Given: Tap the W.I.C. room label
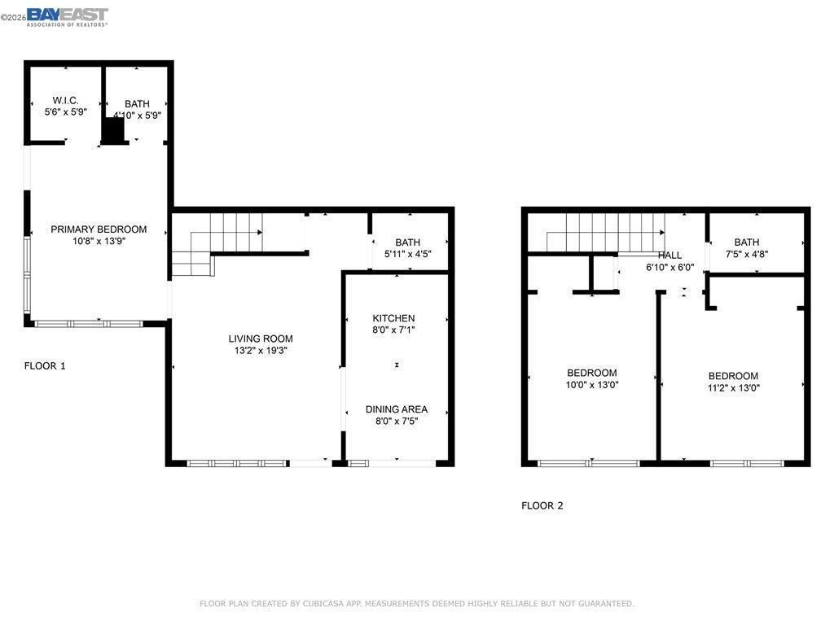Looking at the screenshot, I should click(x=65, y=101).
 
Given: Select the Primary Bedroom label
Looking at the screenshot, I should click(x=99, y=229).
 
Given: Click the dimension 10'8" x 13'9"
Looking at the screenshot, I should click(x=99, y=241).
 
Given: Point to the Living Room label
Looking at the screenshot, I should click(x=260, y=339).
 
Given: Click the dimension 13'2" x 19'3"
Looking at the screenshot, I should click(x=260, y=351).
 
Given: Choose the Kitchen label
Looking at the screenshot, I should click(x=393, y=318).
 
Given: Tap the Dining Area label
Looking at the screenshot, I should click(x=396, y=409).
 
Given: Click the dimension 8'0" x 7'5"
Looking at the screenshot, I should click(x=396, y=422).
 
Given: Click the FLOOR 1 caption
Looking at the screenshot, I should click(x=45, y=366).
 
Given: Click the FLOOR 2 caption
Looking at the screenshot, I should click(x=542, y=505).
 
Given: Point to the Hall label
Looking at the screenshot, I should click(x=669, y=256).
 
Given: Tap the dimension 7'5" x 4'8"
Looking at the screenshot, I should click(x=746, y=254).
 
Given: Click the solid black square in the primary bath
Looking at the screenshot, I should click(x=113, y=131).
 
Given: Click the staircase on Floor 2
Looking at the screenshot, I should click(x=607, y=233).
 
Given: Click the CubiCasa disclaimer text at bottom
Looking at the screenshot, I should click(x=416, y=604).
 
